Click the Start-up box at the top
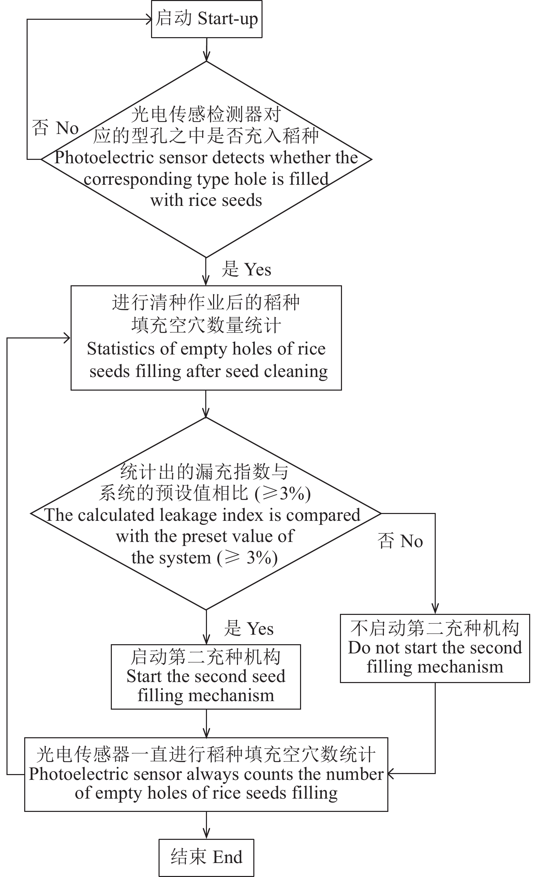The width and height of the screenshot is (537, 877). click(x=207, y=19)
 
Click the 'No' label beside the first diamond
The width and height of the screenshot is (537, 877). click(x=67, y=128)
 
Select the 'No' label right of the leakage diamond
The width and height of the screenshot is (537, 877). click(x=411, y=541)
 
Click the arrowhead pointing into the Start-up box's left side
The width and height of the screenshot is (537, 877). click(x=149, y=19)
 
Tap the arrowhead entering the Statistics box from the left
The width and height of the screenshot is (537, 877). click(x=67, y=338)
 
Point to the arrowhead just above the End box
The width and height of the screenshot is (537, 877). click(x=206, y=834)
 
